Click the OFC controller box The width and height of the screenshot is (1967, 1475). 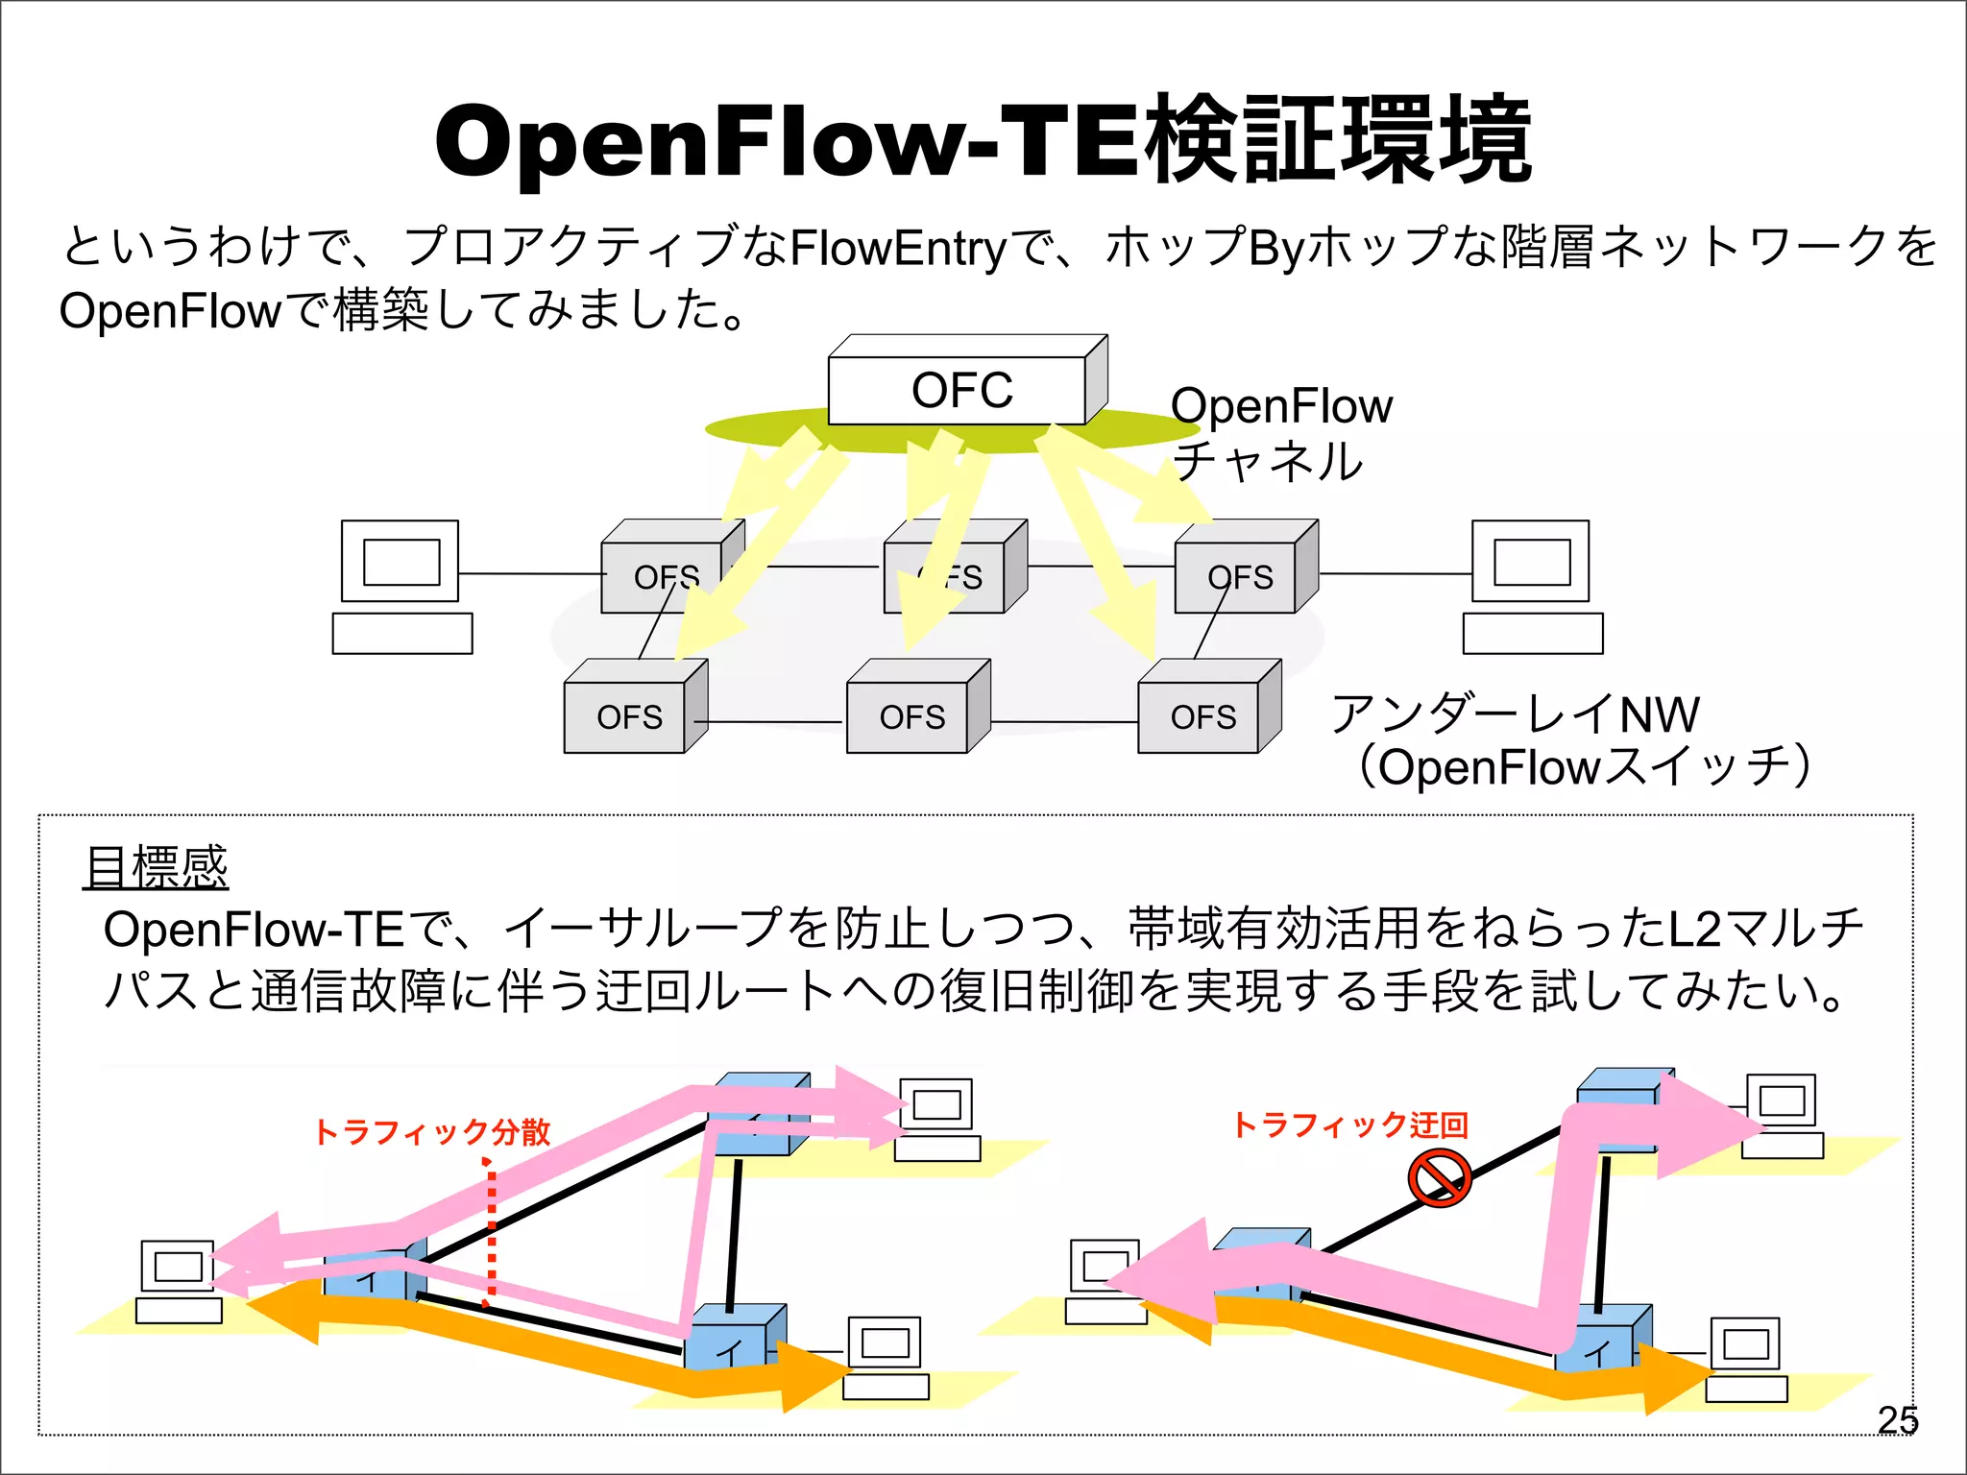pos(961,390)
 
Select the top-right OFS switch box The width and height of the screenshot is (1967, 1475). pos(1239,576)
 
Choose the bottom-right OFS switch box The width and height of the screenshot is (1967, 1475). pos(1202,716)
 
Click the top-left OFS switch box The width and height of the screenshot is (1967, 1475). pos(662,576)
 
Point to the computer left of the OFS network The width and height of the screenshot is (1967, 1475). pos(401,586)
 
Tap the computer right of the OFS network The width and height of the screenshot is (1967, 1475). pos(1532,586)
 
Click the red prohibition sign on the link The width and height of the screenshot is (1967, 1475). pos(1439,1178)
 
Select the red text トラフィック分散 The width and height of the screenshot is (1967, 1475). pos(432,1131)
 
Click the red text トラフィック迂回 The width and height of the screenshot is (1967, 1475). pos(1350,1124)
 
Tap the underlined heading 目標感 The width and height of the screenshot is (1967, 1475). pos(156,867)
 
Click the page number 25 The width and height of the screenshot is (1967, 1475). pos(1897,1419)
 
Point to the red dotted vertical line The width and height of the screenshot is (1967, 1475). pos(491,1234)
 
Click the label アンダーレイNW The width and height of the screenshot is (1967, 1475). pos(1515,713)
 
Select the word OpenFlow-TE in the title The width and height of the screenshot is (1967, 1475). pos(788,142)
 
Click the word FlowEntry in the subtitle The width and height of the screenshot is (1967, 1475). pos(897,248)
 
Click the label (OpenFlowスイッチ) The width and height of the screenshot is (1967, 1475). pos(1585,766)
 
